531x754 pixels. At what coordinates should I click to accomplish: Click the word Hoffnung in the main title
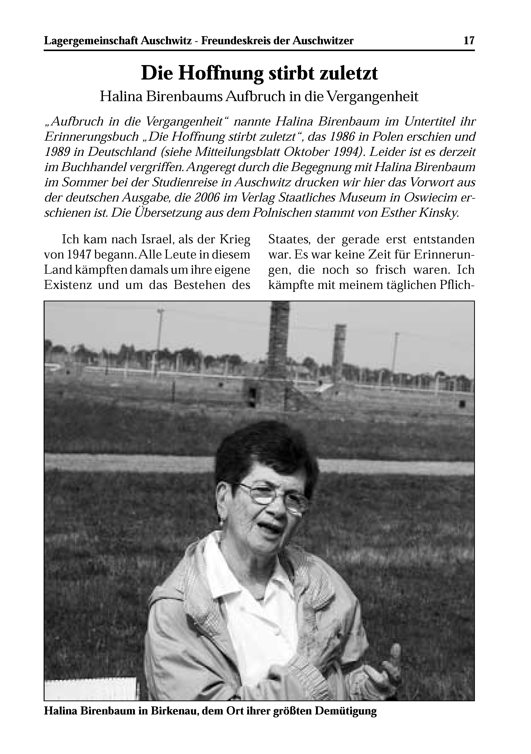coord(221,73)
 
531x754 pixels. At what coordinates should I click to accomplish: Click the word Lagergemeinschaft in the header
coord(91,41)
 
